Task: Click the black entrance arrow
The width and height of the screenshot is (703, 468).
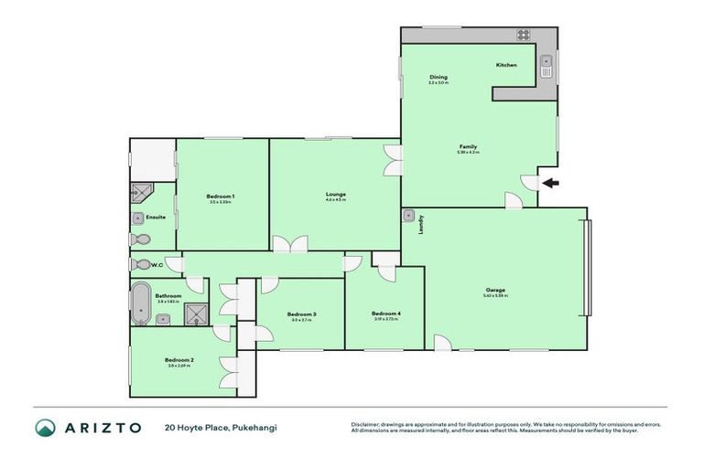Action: point(548,183)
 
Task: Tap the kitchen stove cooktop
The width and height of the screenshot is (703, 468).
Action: point(524,36)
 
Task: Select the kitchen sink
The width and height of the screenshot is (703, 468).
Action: point(546,65)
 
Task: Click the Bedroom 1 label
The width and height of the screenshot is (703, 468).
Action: point(221,197)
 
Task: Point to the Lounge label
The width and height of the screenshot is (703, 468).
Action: point(335,194)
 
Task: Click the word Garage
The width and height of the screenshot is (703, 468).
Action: point(494,290)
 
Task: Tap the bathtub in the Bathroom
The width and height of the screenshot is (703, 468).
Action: point(140,302)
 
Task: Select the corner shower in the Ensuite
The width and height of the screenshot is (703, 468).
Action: point(141,192)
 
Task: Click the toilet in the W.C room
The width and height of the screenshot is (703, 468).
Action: point(141,265)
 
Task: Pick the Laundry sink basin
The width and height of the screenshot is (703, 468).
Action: point(408,217)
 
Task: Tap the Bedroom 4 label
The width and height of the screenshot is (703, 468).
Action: point(387,313)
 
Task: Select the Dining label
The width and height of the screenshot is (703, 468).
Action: point(438,77)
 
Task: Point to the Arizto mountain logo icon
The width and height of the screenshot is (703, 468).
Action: point(44,428)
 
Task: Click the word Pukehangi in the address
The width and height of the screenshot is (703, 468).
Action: point(255,428)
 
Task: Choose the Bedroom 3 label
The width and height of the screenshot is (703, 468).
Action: point(303,314)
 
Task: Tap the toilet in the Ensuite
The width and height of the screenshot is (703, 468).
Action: point(140,239)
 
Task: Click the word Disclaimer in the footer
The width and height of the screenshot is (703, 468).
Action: point(366,424)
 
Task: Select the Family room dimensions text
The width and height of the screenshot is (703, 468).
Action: point(468,153)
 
